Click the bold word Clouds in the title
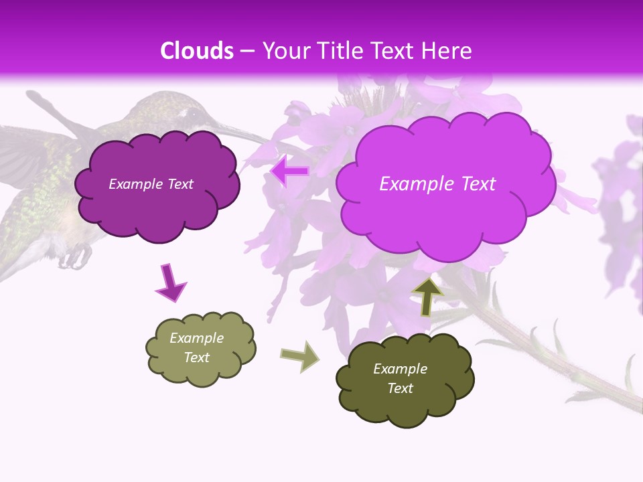[197, 51]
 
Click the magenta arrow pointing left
[289, 171]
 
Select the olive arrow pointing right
[300, 355]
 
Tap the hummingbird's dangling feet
[77, 256]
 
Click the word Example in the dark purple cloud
[135, 184]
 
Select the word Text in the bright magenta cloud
[476, 184]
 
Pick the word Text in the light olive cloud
[197, 357]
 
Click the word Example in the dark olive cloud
[400, 369]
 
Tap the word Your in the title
[283, 51]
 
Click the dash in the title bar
[247, 51]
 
